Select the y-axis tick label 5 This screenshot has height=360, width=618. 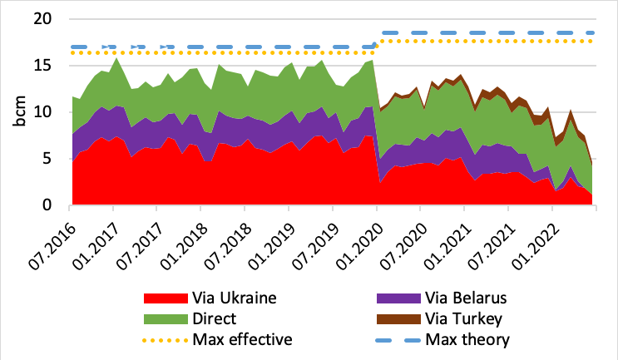tap(52, 159)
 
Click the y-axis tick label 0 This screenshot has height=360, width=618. tap(52, 205)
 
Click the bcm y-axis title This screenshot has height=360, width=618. tap(19, 112)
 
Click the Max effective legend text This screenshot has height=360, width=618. tap(242, 339)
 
